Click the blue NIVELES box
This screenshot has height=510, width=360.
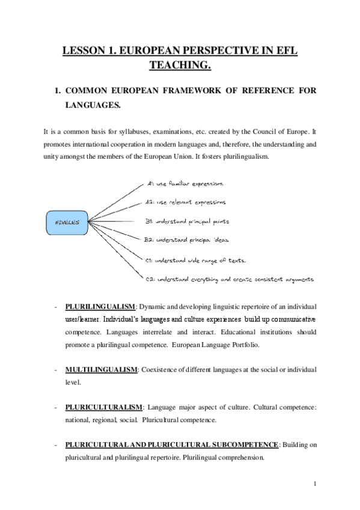point(67,222)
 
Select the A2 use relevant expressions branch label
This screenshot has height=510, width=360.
point(186,202)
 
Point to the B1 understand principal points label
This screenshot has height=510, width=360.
point(187,221)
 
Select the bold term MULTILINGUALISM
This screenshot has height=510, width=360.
point(101,369)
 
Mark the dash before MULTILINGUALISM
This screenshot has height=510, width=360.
point(55,369)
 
